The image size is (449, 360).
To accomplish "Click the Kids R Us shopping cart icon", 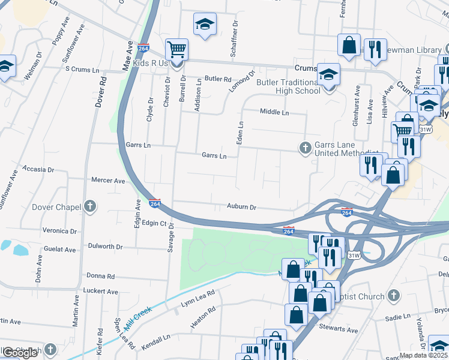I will coord(176,49).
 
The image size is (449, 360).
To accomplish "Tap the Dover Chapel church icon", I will coord(90,207).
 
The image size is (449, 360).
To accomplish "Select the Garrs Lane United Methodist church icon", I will coord(305,148).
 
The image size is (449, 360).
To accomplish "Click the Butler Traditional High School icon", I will coord(329,75).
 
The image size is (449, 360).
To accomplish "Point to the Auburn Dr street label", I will coord(242,207).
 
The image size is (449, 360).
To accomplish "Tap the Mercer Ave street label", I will coord(108,180).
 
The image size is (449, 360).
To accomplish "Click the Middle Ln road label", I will coord(274,112).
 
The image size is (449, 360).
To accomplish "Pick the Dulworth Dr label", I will coord(105,247).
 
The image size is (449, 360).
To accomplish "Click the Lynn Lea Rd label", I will coord(198,299).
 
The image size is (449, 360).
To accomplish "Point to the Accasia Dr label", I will coord(44,170).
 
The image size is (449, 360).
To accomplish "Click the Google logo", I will coord(20,353).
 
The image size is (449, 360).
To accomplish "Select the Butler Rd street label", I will coord(218,79).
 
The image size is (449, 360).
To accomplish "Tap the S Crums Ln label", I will coord(82,70).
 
